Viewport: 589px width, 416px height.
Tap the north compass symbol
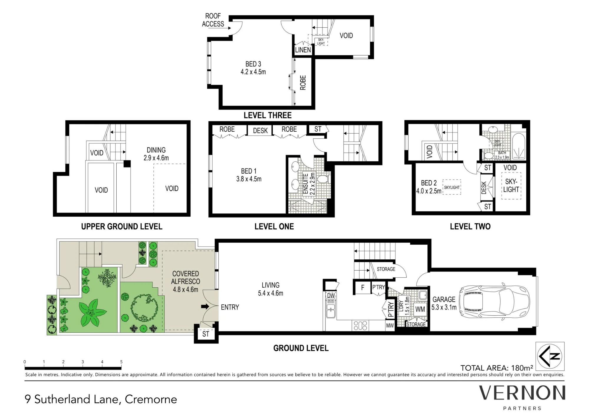click(550, 356)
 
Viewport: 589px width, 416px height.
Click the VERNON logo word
click(522, 393)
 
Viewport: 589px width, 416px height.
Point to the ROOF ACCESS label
click(213, 20)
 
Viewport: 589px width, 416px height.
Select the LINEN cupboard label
click(303, 50)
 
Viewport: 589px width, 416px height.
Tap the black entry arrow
click(205, 306)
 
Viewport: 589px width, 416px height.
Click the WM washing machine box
click(420, 309)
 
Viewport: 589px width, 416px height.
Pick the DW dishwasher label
click(331, 295)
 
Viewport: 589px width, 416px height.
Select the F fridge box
click(363, 287)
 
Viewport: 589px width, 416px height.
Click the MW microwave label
click(390, 326)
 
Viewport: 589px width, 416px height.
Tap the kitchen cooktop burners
click(360, 325)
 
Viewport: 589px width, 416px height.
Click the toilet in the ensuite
click(324, 179)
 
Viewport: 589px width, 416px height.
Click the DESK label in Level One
click(260, 130)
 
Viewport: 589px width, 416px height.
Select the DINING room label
click(156, 150)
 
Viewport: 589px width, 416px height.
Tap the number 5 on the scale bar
click(121, 362)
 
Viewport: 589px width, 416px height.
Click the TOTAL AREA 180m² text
click(497, 368)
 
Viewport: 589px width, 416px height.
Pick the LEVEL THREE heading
click(267, 115)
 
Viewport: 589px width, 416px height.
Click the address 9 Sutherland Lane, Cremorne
click(101, 400)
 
